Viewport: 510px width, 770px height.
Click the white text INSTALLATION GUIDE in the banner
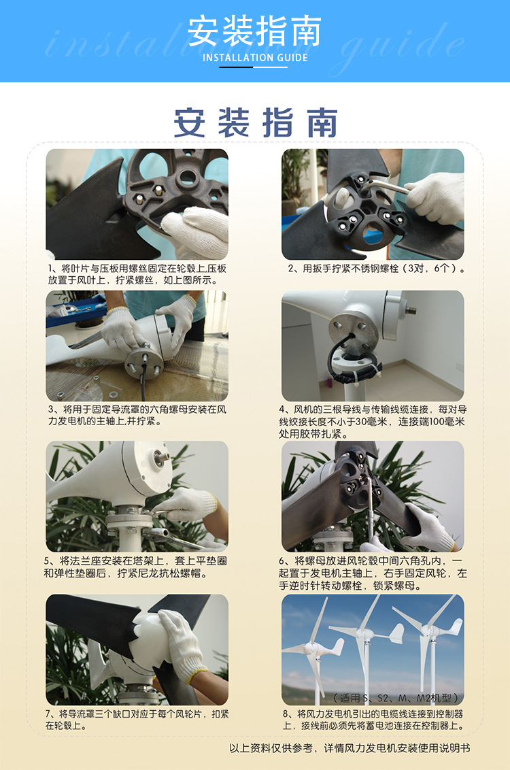click(255, 57)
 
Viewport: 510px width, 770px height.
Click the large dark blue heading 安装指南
click(255, 122)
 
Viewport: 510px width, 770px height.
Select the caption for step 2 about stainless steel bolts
click(377, 269)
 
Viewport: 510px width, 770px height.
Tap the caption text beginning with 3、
click(137, 415)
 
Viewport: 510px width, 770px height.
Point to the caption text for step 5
click(135, 567)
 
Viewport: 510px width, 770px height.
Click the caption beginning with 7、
click(137, 720)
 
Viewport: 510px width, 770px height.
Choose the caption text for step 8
click(373, 720)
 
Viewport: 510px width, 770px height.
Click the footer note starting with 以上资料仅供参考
click(350, 748)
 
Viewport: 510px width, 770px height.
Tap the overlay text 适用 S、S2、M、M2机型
click(396, 697)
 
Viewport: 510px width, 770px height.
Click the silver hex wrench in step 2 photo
click(386, 186)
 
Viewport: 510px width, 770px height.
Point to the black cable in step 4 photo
click(343, 358)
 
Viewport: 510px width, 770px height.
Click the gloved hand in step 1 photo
click(197, 231)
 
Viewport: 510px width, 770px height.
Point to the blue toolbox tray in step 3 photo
click(76, 312)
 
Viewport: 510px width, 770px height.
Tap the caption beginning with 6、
click(373, 573)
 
